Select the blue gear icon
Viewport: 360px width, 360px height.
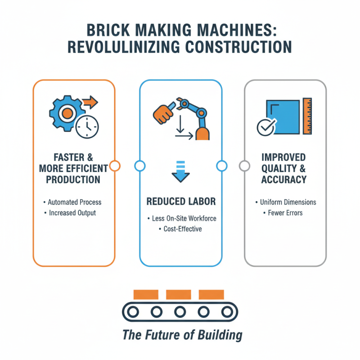tap(67, 112)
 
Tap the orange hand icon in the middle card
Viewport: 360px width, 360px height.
tap(164, 111)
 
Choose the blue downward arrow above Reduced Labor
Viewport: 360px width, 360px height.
tap(180, 174)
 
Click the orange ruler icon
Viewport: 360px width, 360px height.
tap(308, 116)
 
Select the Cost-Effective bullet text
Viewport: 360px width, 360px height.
tap(180, 229)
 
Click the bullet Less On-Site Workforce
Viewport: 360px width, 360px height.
tap(180, 218)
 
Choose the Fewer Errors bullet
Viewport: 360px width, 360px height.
tap(285, 212)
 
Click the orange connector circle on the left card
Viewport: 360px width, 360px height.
tap(115, 166)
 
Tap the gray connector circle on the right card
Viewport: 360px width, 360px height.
tap(244, 166)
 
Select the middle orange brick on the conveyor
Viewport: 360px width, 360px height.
tap(179, 295)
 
